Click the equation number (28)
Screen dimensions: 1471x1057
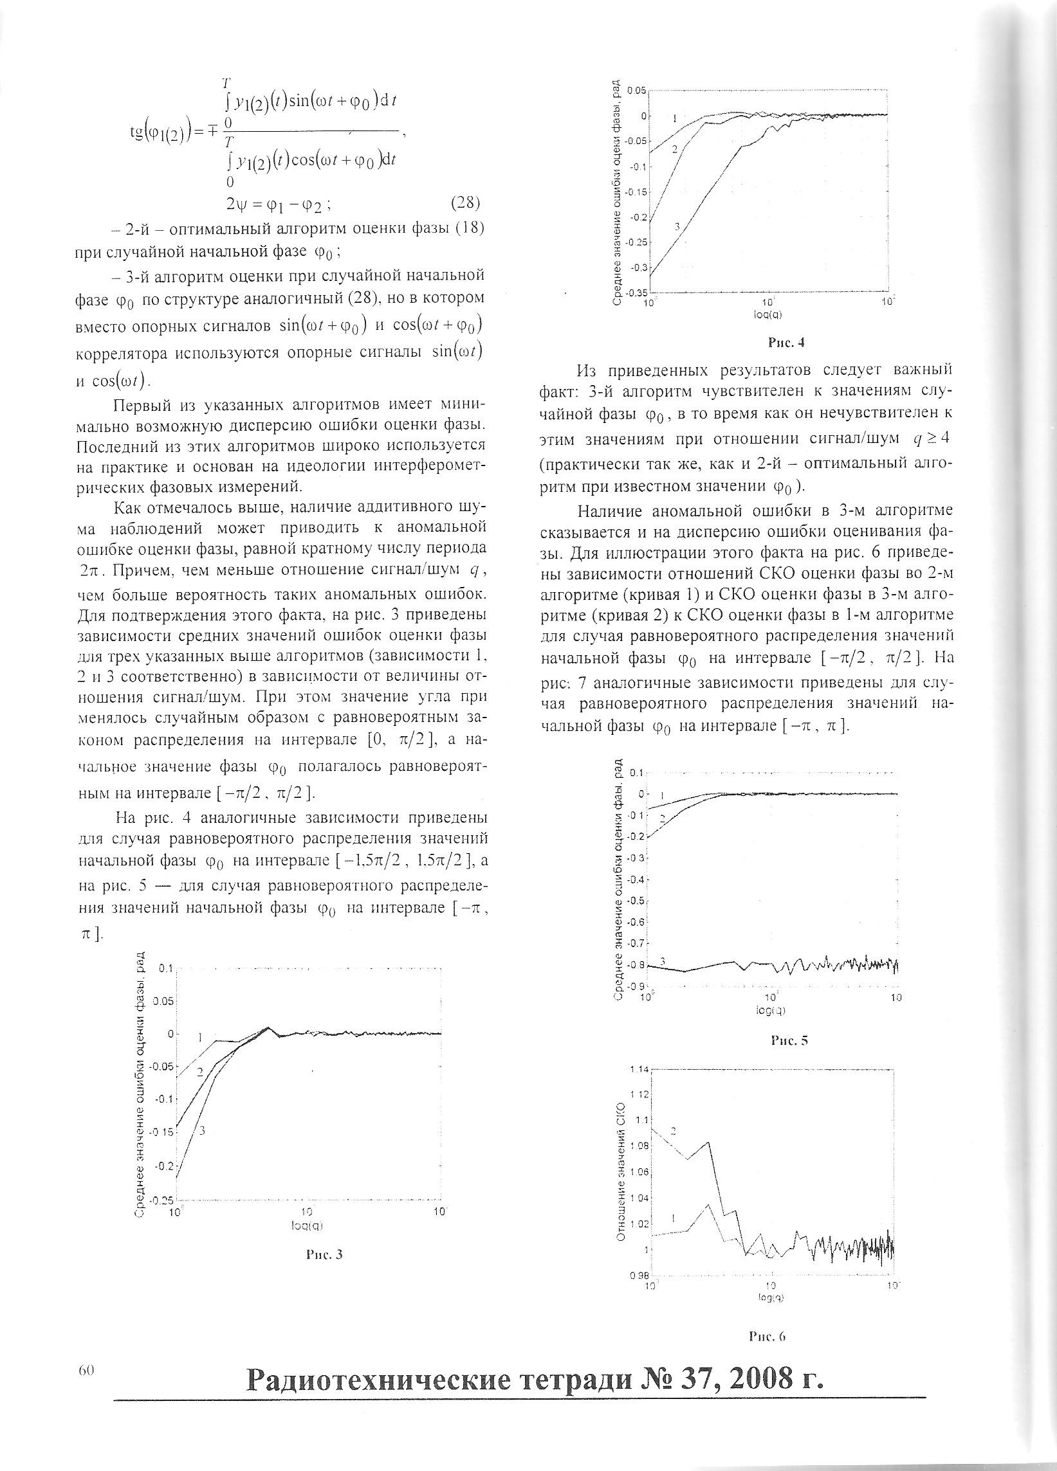tap(464, 203)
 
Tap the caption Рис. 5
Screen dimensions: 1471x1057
tap(789, 1041)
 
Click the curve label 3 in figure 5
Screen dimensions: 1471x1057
tap(663, 961)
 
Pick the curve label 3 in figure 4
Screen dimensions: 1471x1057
tap(677, 226)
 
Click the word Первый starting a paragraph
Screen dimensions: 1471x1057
tap(135, 406)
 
